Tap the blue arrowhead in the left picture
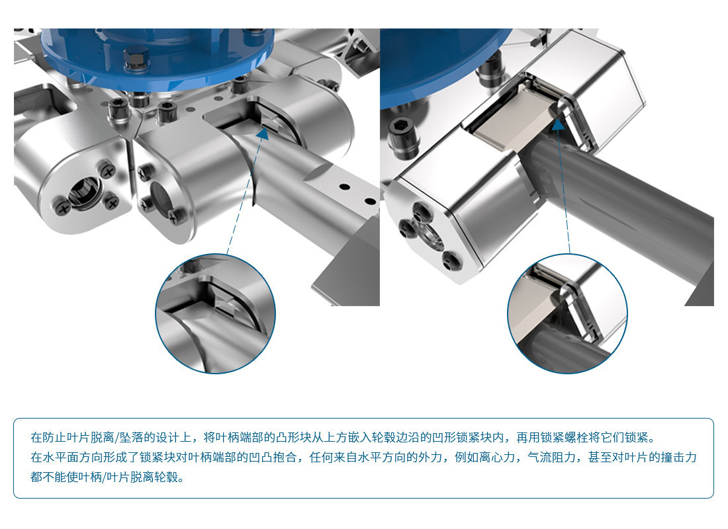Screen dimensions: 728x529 (263, 133)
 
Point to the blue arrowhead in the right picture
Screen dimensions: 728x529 (558, 124)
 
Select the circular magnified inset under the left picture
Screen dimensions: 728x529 (215, 313)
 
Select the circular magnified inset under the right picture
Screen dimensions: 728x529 (567, 313)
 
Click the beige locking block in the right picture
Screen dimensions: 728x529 (512, 119)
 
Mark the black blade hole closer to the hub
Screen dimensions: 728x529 (345, 186)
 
